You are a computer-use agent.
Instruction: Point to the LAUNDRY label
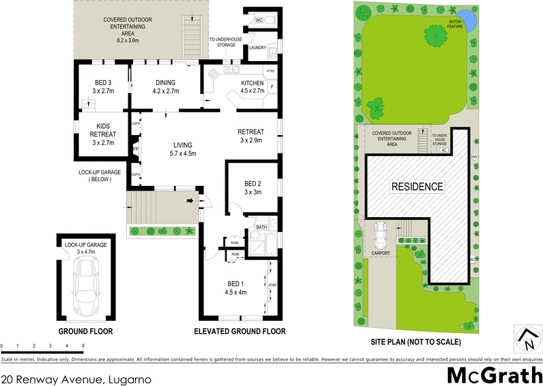click(x=257, y=47)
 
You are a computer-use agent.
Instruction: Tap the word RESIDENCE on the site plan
click(x=416, y=186)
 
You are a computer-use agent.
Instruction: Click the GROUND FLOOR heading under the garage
click(x=85, y=332)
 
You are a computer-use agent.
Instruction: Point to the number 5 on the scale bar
click(x=83, y=346)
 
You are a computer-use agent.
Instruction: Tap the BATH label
click(x=261, y=227)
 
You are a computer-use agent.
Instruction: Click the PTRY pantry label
click(x=269, y=71)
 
